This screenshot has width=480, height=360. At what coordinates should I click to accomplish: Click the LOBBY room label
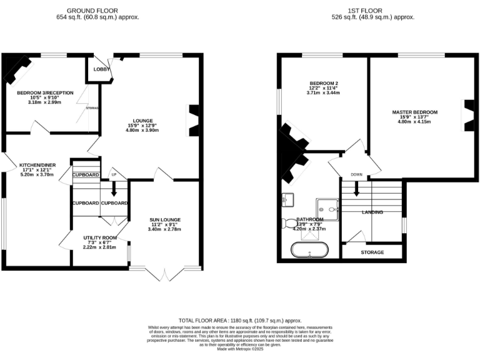(101, 69)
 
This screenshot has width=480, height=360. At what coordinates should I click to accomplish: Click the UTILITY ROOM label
(100, 237)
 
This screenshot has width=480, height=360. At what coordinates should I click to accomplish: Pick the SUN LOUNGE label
(165, 220)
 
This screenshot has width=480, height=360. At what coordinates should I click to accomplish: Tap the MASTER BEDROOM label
(415, 112)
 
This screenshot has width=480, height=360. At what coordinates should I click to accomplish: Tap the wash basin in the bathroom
(287, 199)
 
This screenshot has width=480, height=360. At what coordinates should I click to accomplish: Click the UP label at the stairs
(114, 174)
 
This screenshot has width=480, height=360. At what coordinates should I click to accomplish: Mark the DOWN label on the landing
(356, 174)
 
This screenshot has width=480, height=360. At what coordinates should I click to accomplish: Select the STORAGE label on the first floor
(372, 252)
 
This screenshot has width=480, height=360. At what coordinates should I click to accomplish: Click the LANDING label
(372, 212)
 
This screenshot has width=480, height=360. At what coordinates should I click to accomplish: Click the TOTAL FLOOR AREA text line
(241, 319)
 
